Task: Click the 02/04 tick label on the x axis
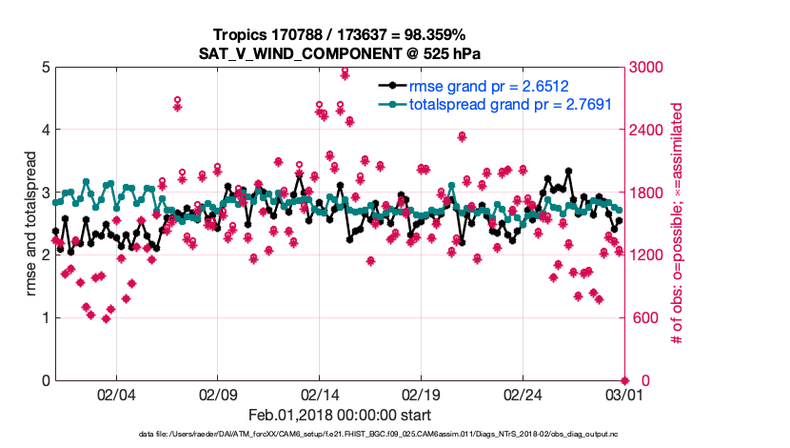tap(117, 395)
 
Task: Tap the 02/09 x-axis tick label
tap(218, 395)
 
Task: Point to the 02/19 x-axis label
tap(421, 395)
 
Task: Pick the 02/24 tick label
tap(523, 395)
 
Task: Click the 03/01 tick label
tap(623, 395)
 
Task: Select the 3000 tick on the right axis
tap(649, 68)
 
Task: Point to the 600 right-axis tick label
tap(645, 318)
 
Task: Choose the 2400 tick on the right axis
tap(649, 131)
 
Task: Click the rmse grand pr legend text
tap(489, 85)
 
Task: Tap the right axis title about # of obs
tap(677, 224)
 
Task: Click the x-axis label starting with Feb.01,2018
tap(339, 415)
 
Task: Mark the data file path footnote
tap(338, 435)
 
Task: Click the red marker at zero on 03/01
tap(624, 380)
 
